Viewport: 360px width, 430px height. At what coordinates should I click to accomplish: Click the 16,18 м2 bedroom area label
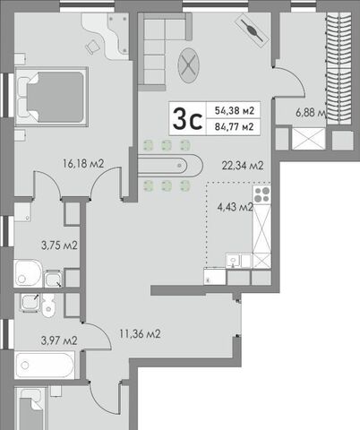coord(83,164)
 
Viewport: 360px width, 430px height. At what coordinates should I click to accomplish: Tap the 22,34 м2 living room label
coord(243,165)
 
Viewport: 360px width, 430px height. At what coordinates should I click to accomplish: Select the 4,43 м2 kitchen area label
coord(236,207)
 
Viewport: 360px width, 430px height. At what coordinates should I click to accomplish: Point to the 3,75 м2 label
coord(59,245)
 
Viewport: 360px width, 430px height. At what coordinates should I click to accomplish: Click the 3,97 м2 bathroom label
coord(59,340)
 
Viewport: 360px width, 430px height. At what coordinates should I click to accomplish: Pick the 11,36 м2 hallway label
coord(140,334)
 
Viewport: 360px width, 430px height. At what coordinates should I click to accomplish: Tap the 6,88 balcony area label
coord(311,113)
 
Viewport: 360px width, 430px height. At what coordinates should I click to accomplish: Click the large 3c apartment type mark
coord(188,119)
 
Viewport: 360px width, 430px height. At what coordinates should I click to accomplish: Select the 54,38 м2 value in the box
coord(235,111)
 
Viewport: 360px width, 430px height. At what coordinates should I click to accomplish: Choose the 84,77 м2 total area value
coord(235,127)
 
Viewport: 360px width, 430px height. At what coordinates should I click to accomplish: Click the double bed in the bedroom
coord(52,97)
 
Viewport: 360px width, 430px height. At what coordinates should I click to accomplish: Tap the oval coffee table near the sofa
coord(188,65)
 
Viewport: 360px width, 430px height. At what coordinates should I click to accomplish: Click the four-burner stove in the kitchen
coord(261,194)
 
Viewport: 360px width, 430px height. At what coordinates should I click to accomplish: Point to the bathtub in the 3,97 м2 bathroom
coord(44,365)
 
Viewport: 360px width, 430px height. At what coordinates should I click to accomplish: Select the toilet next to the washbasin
coord(47,305)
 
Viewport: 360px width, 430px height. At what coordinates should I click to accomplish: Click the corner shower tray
coord(28,273)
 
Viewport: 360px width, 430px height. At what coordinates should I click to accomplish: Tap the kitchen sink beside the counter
coord(233,261)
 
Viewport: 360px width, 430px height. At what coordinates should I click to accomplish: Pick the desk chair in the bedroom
coord(92,47)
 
